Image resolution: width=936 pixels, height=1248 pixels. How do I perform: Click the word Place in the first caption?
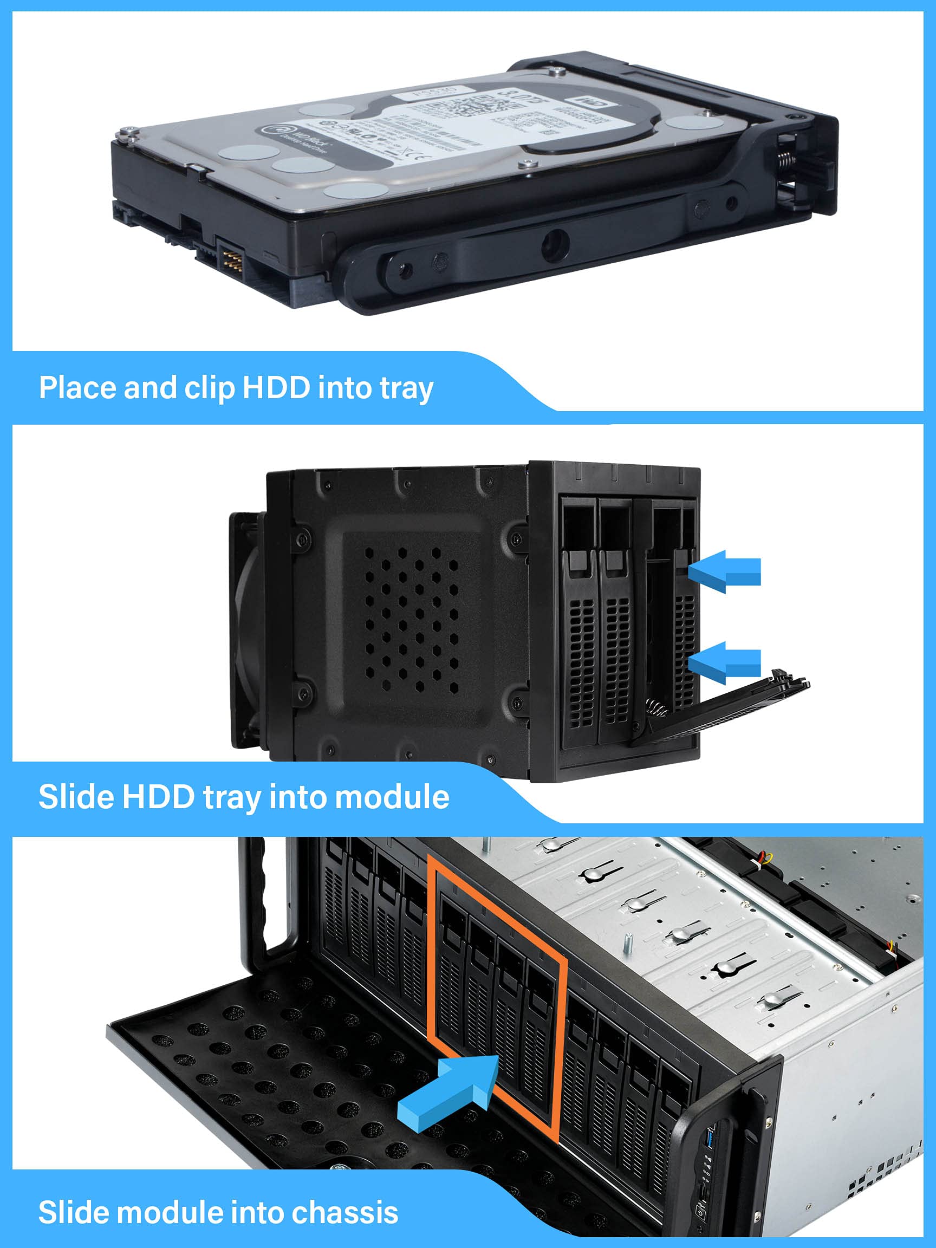point(77,388)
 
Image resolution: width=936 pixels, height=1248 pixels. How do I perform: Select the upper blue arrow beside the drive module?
point(724,571)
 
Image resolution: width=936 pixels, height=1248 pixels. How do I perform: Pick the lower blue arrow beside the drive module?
point(724,662)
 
